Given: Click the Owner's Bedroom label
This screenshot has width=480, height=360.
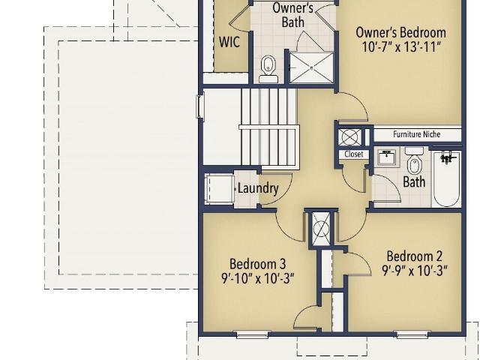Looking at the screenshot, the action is coord(400,32).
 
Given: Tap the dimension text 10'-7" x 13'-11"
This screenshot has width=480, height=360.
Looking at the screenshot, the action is coord(402,47).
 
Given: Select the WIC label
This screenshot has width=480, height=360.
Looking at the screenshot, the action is coord(229,42).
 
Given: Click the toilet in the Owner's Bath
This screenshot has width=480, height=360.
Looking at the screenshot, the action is coord(268,69).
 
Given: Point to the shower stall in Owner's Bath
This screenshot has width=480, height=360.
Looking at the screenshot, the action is coord(312,67).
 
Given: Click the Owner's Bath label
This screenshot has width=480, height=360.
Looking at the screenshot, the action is coord(292,15).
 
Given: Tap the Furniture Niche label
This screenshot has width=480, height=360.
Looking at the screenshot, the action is coord(417,134).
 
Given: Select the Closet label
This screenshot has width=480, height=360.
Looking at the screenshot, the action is coord(354,154).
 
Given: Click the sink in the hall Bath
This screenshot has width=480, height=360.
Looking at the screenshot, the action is coord(388,157).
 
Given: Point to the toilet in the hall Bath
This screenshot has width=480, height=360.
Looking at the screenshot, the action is coord(415,161).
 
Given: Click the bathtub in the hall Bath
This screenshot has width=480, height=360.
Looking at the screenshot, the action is coord(446,178).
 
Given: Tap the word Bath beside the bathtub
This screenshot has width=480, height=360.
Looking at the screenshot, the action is coord(414,181).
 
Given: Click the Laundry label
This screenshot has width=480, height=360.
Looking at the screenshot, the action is coord(258,188).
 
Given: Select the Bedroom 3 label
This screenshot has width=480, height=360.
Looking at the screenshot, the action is coord(257,264).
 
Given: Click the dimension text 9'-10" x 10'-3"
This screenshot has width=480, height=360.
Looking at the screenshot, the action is coord(258,278).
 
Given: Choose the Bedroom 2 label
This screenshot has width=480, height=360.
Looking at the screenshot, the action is coord(414,256).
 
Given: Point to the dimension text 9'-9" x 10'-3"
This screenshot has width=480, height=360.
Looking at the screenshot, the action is coord(415,271).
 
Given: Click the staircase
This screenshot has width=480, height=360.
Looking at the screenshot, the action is coord(269,128).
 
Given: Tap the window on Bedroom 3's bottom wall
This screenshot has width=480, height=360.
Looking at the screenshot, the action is coord(252,334).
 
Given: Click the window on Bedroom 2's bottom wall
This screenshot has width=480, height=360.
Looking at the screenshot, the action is coord(412,334).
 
